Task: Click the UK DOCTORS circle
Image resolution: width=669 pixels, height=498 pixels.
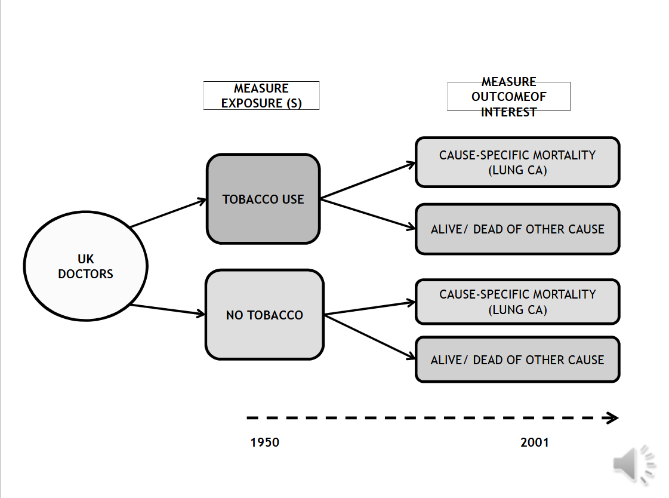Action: pos(85,266)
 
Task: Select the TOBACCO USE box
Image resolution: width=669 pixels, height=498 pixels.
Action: pos(263,199)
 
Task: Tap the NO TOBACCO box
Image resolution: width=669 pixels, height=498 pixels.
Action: pos(264,315)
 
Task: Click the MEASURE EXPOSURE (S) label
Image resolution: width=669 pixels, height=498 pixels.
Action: pos(261,96)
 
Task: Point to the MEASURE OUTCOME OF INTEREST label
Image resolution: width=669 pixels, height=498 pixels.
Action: pos(509,96)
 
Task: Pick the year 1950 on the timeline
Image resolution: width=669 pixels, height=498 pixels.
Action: pos(264,442)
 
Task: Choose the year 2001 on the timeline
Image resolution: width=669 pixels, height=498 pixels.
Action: pos(534,442)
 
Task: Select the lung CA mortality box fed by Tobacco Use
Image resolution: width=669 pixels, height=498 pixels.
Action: pos(517,162)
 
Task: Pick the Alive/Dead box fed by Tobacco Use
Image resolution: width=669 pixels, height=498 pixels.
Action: pos(517,229)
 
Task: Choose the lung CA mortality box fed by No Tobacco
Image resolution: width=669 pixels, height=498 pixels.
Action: pos(517,302)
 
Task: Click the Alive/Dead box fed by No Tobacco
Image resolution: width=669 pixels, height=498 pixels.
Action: pos(517,360)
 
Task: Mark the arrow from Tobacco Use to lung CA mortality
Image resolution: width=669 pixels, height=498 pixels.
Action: pos(368,180)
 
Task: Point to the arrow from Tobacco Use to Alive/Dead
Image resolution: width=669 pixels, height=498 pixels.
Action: pos(368,213)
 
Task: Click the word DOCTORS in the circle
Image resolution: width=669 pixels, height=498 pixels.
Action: pos(85,274)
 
